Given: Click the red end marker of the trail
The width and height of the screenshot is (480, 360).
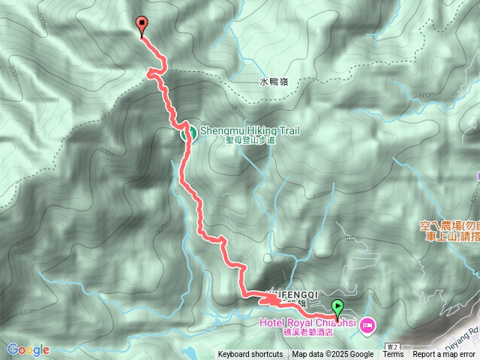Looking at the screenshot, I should click(x=141, y=25).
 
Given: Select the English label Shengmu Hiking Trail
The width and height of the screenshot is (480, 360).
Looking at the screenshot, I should click(x=250, y=130).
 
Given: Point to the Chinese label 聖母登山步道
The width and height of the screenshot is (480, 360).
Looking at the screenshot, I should click(x=250, y=140).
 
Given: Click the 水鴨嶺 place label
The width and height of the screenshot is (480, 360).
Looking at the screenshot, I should click(x=274, y=82).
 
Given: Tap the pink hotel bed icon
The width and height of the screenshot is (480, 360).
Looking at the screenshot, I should click(x=367, y=325).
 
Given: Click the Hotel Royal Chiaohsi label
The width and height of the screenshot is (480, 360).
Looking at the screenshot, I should click(x=307, y=322).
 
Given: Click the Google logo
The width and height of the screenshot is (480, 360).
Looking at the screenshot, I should click(x=28, y=349).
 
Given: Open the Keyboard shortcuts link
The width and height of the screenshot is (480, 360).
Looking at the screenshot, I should click(x=250, y=355).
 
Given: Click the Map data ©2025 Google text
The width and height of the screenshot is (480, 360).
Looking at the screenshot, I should click(x=332, y=355).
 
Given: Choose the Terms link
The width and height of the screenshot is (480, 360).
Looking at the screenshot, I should click(x=393, y=355).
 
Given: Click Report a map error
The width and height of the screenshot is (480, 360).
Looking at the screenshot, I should click(x=443, y=355).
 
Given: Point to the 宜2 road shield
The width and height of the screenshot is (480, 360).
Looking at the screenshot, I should click(x=393, y=346).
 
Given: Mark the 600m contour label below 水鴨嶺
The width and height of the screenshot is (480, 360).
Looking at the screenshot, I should click(x=425, y=96).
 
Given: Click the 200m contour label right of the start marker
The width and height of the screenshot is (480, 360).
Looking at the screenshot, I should click(x=375, y=301).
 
